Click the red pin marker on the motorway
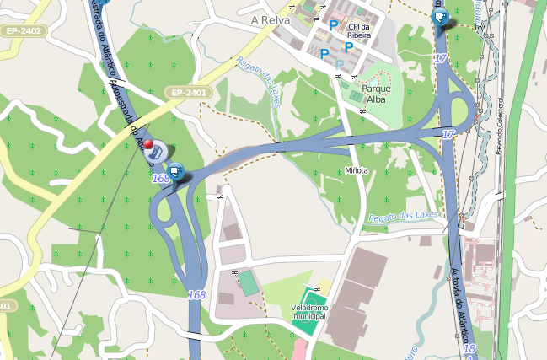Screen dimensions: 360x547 (x=149, y=146)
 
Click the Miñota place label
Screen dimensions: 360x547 (x=357, y=170)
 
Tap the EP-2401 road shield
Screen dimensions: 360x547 (x=186, y=92)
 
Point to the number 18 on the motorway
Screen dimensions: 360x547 (x=469, y=348)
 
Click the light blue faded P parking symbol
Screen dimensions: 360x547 (x=339, y=65)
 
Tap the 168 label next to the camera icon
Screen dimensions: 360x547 (x=161, y=178)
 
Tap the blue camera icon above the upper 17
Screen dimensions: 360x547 (x=438, y=16)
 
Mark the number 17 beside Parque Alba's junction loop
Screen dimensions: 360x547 (x=448, y=135)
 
